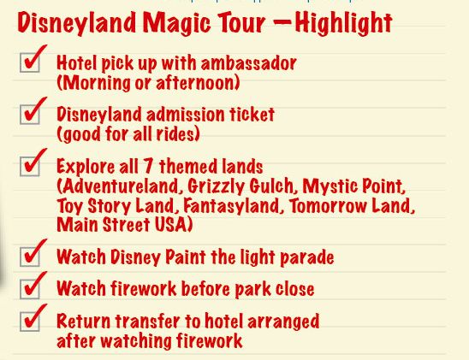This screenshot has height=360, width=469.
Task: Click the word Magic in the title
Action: tap(177, 23)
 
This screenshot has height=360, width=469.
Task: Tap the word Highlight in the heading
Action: tap(343, 23)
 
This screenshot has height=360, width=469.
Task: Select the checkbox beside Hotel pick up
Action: tap(30, 62)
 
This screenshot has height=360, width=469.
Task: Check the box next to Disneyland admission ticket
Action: tap(30, 114)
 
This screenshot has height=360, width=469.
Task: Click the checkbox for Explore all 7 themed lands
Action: tap(30, 166)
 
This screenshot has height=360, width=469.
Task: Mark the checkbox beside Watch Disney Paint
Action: tap(30, 257)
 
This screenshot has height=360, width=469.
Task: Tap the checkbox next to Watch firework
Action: tap(30, 288)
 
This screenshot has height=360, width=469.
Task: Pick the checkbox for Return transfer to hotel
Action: tap(30, 322)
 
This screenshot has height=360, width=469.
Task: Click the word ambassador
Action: tap(248, 63)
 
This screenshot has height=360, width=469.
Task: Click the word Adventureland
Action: tap(120, 186)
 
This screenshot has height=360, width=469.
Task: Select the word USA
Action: tap(171, 225)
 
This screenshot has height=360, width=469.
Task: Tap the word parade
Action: tap(307, 258)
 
